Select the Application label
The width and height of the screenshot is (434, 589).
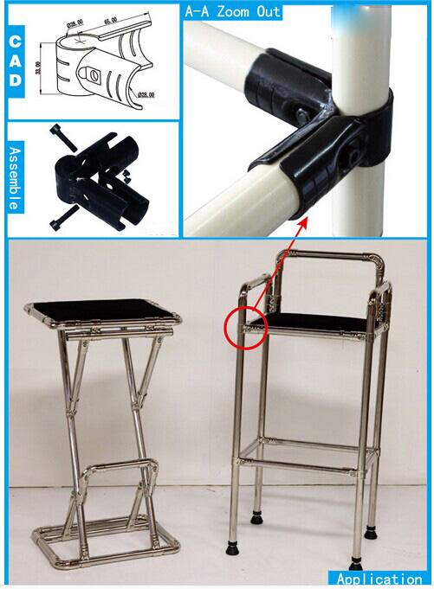point(379,579)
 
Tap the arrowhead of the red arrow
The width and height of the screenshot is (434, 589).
point(306,224)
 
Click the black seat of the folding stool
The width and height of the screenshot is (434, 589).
point(102,309)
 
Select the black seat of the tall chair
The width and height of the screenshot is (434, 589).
point(316,321)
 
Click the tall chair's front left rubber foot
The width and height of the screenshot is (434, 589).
point(232,547)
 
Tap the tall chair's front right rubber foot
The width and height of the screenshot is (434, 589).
point(355,564)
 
